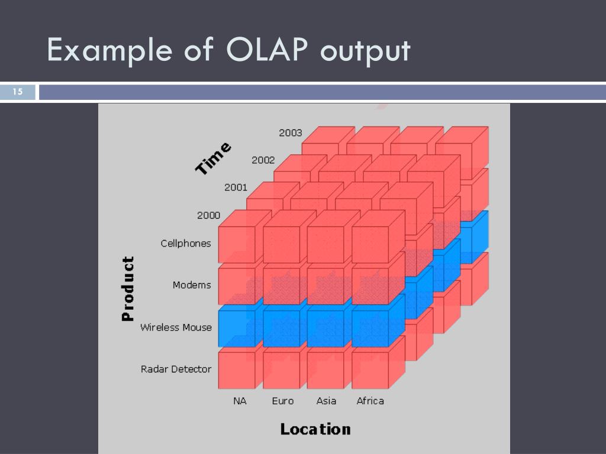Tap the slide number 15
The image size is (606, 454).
point(17,92)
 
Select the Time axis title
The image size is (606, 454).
point(214,158)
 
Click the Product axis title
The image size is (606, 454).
point(127,288)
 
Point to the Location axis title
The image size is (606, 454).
point(315,429)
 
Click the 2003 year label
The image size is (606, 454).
point(291,133)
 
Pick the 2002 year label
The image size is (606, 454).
point(263,160)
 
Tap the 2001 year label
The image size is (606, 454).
point(236,187)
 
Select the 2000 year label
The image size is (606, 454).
point(208,215)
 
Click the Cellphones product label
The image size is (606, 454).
point(186,243)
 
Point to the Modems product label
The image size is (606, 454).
point(192,285)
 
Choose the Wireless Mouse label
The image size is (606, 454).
point(176,327)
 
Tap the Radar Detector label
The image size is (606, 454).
point(176,369)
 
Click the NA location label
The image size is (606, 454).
point(240,401)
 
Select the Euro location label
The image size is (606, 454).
point(283,401)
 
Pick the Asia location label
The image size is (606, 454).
point(326,401)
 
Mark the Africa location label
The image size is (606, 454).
point(370,401)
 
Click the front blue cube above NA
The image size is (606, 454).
point(237,329)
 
